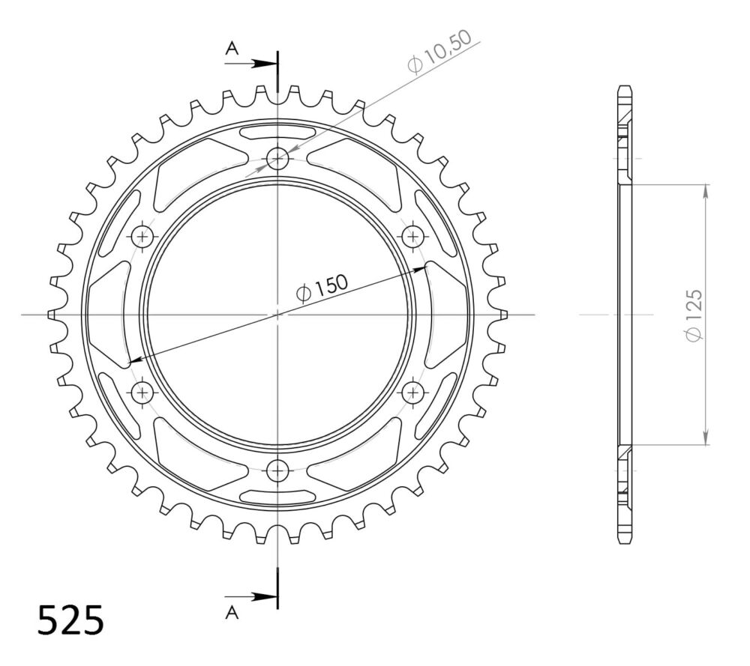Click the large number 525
pyautogui.click(x=70, y=620)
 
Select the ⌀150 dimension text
pyautogui.click(x=322, y=288)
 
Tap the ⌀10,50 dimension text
pyautogui.click(x=439, y=52)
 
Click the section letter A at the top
pyautogui.click(x=232, y=48)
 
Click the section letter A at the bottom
pyautogui.click(x=232, y=612)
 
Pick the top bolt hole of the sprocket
pyautogui.click(x=277, y=157)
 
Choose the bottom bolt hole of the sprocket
pyautogui.click(x=277, y=471)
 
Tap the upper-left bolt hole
pyautogui.click(x=142, y=236)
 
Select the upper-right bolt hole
pyautogui.click(x=413, y=236)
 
